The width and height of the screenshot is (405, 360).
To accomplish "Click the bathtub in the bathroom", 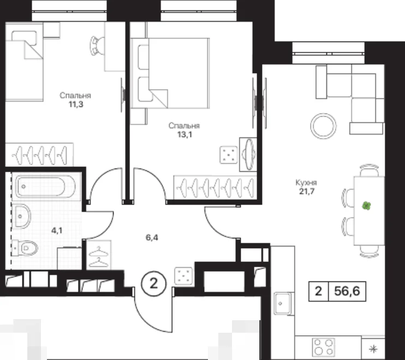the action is click(45, 187).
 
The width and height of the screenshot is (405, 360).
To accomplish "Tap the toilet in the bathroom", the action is click(25, 248).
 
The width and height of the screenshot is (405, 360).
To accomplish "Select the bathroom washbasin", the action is click(22, 216).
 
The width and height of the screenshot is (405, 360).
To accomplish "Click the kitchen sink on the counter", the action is click(283, 303).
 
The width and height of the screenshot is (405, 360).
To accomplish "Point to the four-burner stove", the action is click(323, 347).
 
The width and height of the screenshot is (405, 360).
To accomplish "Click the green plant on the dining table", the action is click(366, 206).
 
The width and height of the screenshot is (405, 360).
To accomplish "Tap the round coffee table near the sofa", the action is click(323, 126).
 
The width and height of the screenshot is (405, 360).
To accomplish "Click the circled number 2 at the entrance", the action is click(154, 284).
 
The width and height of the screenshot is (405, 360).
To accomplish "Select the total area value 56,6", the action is click(347, 291).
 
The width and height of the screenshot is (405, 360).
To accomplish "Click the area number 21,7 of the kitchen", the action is click(307, 191).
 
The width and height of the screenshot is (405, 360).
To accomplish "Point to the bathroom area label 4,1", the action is click(57, 230).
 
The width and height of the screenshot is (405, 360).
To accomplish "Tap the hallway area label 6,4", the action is click(152, 237).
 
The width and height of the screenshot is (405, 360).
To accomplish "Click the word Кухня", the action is click(306, 183).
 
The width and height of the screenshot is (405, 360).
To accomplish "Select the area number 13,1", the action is click(184, 134).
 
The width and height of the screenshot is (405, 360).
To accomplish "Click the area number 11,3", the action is click(76, 105).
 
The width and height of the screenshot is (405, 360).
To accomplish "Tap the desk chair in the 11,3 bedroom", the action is click(97, 46).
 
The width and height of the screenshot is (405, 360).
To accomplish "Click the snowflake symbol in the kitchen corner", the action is click(373, 349).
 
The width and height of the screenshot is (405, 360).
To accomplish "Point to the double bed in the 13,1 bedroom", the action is click(170, 73).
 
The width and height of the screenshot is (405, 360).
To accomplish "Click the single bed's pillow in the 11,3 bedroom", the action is click(24, 37).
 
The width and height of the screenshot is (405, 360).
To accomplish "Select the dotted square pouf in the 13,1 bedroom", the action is click(229, 155).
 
